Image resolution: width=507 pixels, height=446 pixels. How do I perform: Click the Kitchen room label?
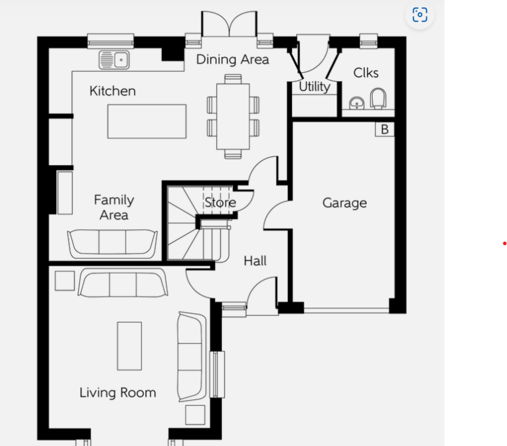click(113, 91)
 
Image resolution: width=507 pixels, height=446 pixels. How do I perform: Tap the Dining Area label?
click(232, 60)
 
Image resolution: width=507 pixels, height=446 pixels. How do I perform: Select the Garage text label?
click(345, 203)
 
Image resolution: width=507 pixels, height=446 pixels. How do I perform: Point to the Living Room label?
click(117, 393)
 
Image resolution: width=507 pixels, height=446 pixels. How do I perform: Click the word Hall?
click(255, 261)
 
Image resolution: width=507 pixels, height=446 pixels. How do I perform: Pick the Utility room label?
click(315, 87)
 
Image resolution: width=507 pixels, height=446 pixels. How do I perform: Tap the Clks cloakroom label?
click(366, 73)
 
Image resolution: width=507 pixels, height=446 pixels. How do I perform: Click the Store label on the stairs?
click(220, 202)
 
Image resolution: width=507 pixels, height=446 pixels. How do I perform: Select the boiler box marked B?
click(384, 129)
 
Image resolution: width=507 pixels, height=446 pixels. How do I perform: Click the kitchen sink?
click(114, 60)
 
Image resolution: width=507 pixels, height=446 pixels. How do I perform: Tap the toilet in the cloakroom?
click(378, 99)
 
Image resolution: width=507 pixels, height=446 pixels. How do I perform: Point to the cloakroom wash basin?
click(357, 103)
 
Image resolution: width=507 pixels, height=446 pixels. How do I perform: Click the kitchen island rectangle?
click(147, 121)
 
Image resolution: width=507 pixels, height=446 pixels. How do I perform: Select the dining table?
click(233, 116)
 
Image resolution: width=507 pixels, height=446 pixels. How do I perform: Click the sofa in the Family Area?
click(112, 244)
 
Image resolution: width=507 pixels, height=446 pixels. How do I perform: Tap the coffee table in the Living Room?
click(129, 346)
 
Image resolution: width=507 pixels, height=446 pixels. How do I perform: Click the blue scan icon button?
click(420, 15)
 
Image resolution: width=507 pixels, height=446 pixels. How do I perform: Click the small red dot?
click(504, 243)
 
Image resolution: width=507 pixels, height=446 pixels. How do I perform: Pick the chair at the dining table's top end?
click(233, 79)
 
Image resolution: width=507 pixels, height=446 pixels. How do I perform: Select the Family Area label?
click(114, 207)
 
